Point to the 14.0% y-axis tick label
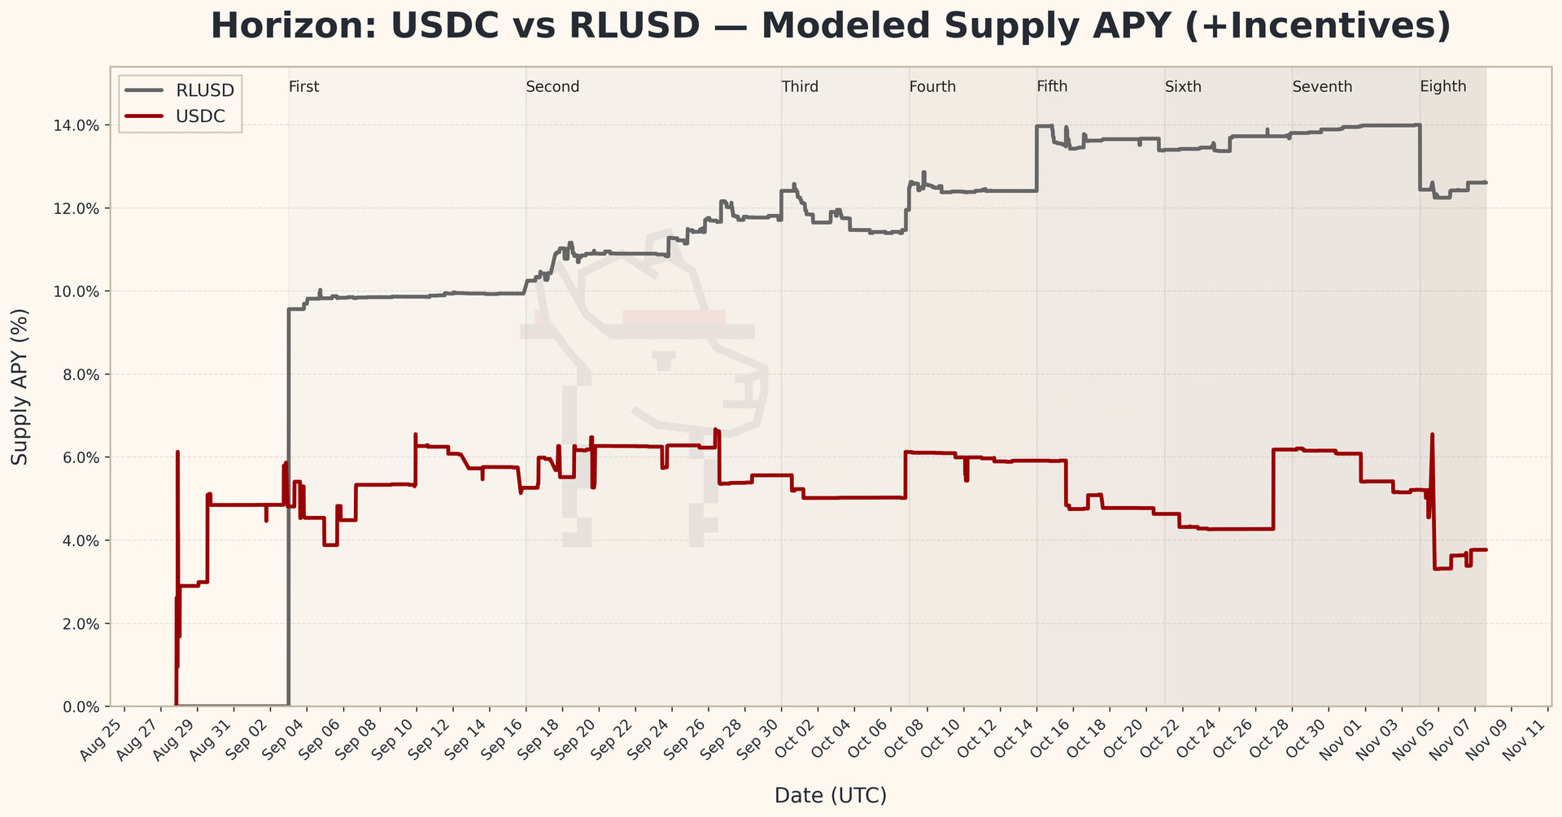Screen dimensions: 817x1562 (x=80, y=125)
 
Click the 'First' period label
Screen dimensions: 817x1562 (x=304, y=87)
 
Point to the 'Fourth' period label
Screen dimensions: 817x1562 (x=932, y=87)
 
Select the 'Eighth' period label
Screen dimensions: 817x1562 (x=1443, y=87)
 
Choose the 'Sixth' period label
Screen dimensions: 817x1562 (x=1183, y=87)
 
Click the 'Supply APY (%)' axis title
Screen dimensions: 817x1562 (x=20, y=387)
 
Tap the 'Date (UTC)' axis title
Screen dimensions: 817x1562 (x=831, y=795)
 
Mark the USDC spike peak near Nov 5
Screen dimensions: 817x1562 (x=1432, y=435)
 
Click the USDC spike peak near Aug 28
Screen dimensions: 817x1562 (x=177, y=452)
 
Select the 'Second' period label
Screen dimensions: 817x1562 (x=552, y=87)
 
